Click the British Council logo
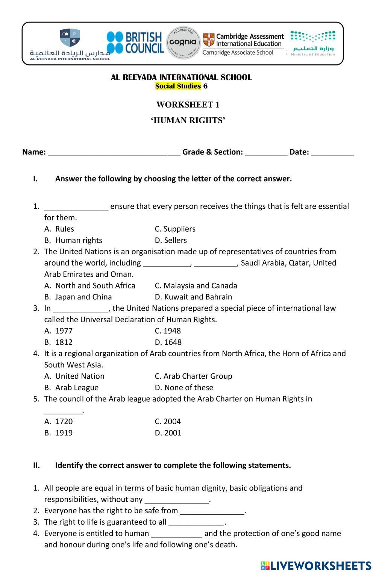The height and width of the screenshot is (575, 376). (x=135, y=42)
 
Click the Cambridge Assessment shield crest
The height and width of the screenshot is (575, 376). (x=208, y=39)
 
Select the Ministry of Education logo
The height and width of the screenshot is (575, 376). (x=313, y=43)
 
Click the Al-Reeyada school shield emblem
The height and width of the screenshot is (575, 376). (x=70, y=38)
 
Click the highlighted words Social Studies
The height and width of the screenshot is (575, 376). (x=178, y=86)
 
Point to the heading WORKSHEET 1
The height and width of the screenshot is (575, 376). (x=188, y=105)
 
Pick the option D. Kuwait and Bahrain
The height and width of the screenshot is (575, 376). (x=193, y=297)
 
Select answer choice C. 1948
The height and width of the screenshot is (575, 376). (x=168, y=331)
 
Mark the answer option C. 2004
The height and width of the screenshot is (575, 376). (x=168, y=422)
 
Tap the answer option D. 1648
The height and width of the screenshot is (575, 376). (x=168, y=342)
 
